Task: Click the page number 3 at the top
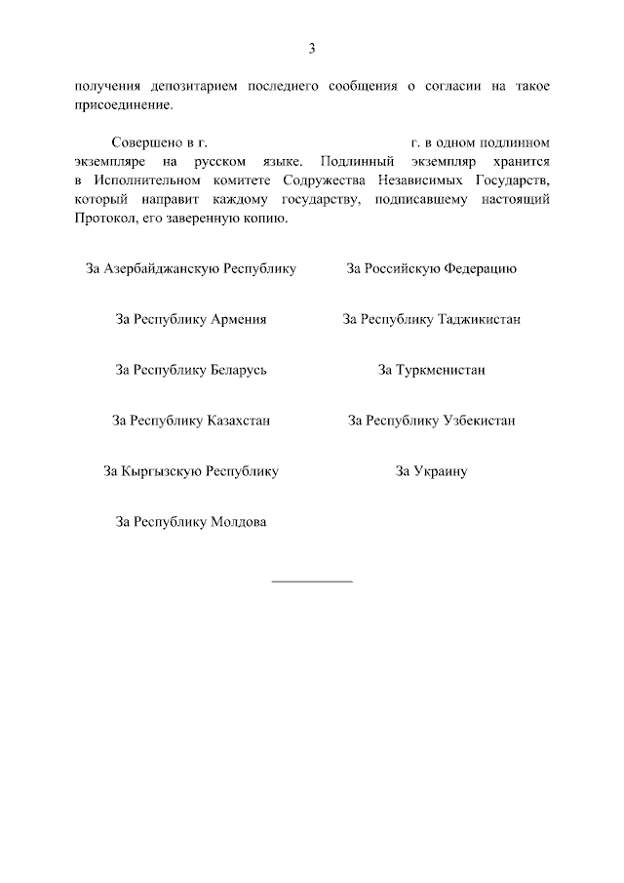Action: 312,49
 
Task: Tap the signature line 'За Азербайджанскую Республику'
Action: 191,268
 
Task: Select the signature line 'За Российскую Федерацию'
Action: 431,268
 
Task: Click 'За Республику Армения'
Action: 191,319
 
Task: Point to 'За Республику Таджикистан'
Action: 431,319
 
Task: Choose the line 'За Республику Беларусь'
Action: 191,370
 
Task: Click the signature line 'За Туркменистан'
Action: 431,370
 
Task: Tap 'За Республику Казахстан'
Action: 191,421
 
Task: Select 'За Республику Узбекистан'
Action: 431,421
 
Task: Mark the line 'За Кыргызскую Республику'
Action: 191,471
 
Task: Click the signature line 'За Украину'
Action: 431,471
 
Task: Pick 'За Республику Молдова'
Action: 191,522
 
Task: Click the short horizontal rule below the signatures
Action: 312,582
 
